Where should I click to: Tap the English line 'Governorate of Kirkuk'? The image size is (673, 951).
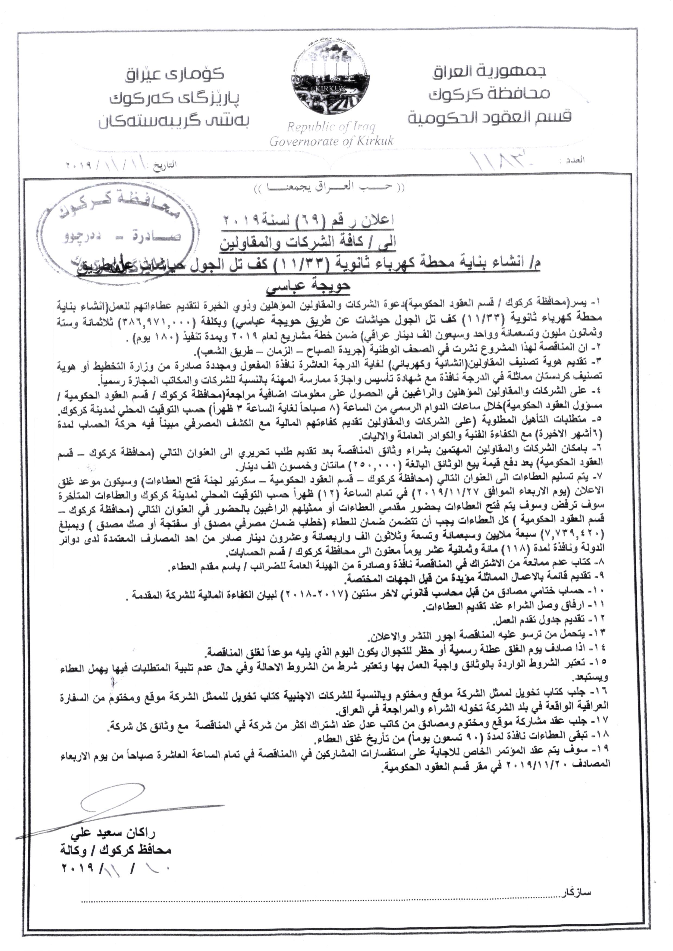coord(332,141)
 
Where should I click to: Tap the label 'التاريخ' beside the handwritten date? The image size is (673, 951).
coord(165,165)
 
